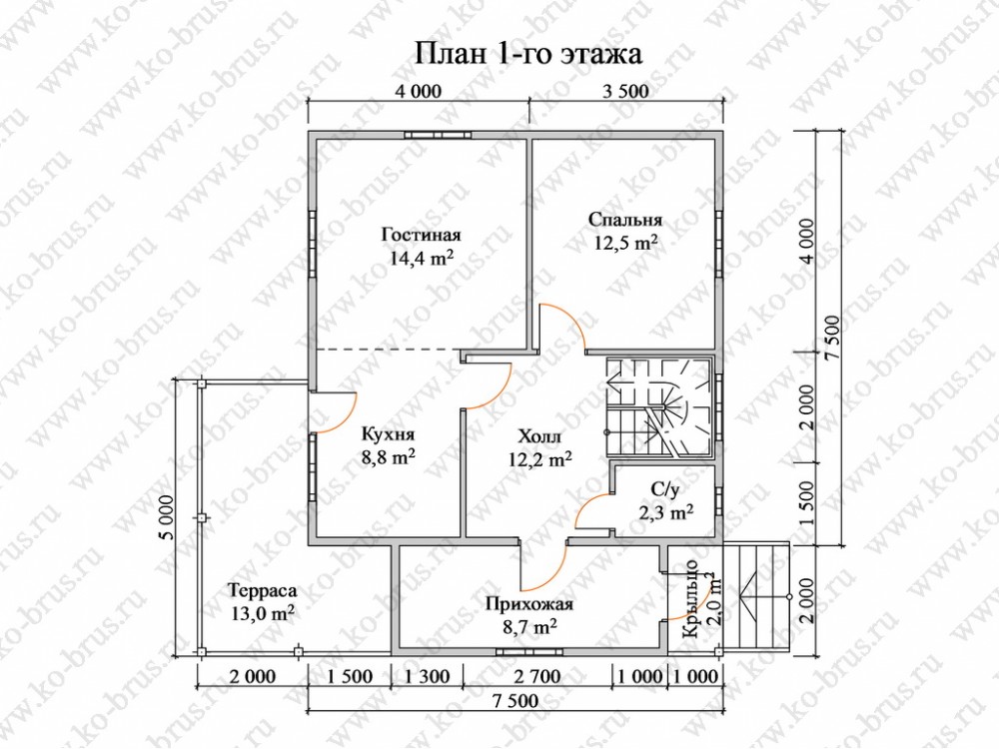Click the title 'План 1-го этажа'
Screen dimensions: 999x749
528,54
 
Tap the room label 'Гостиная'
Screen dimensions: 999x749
422,235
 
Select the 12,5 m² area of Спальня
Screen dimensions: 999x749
626,244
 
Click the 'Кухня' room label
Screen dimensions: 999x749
388,434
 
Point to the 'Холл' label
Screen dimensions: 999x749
539,437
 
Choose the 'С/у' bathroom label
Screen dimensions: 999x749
665,489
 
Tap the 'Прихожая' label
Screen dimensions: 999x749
528,604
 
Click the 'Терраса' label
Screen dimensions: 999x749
263,590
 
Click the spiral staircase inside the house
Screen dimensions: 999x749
658,406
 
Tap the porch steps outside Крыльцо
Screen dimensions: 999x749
755,599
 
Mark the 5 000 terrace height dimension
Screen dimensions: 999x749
167,517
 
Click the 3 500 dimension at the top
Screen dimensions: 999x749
625,92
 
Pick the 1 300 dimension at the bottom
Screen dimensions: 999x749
427,676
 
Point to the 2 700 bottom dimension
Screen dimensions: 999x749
537,676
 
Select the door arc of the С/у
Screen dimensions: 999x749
584,507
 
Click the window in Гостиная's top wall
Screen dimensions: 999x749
438,135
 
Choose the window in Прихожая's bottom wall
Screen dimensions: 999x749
529,651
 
